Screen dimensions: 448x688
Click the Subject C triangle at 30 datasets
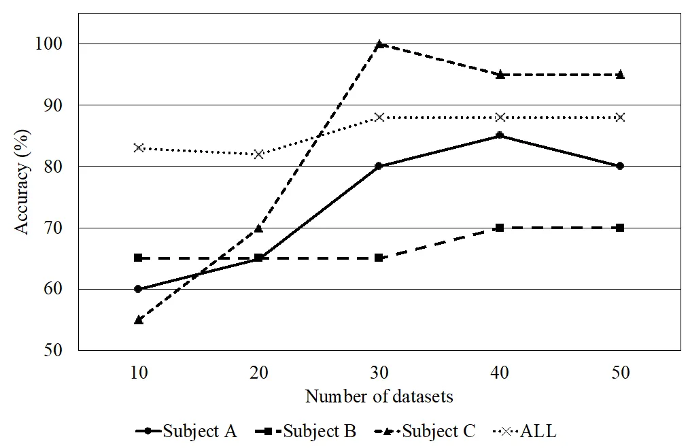(379, 44)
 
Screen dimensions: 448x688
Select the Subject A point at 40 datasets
(500, 135)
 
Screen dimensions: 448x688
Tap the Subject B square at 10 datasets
(138, 258)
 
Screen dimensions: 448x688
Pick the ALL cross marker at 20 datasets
(258, 154)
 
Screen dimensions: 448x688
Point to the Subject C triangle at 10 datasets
(138, 319)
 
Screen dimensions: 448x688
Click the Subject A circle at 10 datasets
(138, 288)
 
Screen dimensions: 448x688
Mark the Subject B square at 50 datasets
(620, 227)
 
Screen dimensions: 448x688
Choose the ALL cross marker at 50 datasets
(620, 117)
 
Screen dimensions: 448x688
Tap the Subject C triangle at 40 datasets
(500, 74)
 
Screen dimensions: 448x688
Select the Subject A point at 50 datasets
(620, 166)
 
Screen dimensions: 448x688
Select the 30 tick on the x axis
(379, 373)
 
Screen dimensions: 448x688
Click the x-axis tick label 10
(138, 373)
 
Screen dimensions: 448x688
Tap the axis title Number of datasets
(379, 396)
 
